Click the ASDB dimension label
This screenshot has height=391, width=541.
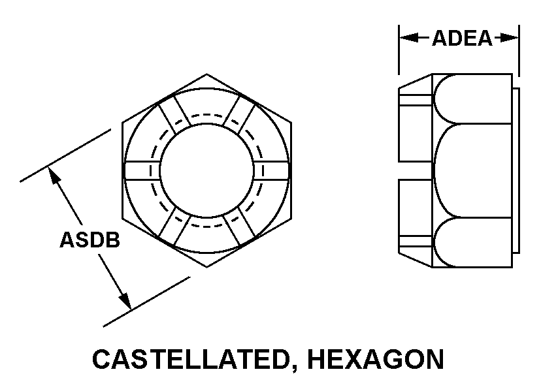coord(90,240)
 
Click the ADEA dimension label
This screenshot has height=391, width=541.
coord(462,38)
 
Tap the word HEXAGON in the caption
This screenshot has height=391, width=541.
coord(376,359)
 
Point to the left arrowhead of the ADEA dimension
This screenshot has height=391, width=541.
coord(409,38)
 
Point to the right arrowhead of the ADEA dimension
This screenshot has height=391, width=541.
coord(509,38)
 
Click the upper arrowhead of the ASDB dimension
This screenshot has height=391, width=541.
coord(54,176)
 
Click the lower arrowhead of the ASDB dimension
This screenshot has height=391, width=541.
coord(125,300)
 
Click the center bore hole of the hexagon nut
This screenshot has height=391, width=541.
coord(206,170)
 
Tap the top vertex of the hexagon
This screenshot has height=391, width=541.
coord(206,74)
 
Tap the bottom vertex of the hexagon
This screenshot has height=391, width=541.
coord(206,267)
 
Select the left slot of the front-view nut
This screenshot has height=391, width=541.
coord(142,170)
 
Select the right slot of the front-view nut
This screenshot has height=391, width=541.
coord(272,170)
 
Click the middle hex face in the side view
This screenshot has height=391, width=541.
coord(472,170)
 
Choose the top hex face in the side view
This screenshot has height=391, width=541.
coord(472,99)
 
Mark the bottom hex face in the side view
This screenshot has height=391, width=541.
coord(472,242)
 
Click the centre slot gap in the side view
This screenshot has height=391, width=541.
coord(416,170)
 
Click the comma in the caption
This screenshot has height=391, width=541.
coord(293,368)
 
